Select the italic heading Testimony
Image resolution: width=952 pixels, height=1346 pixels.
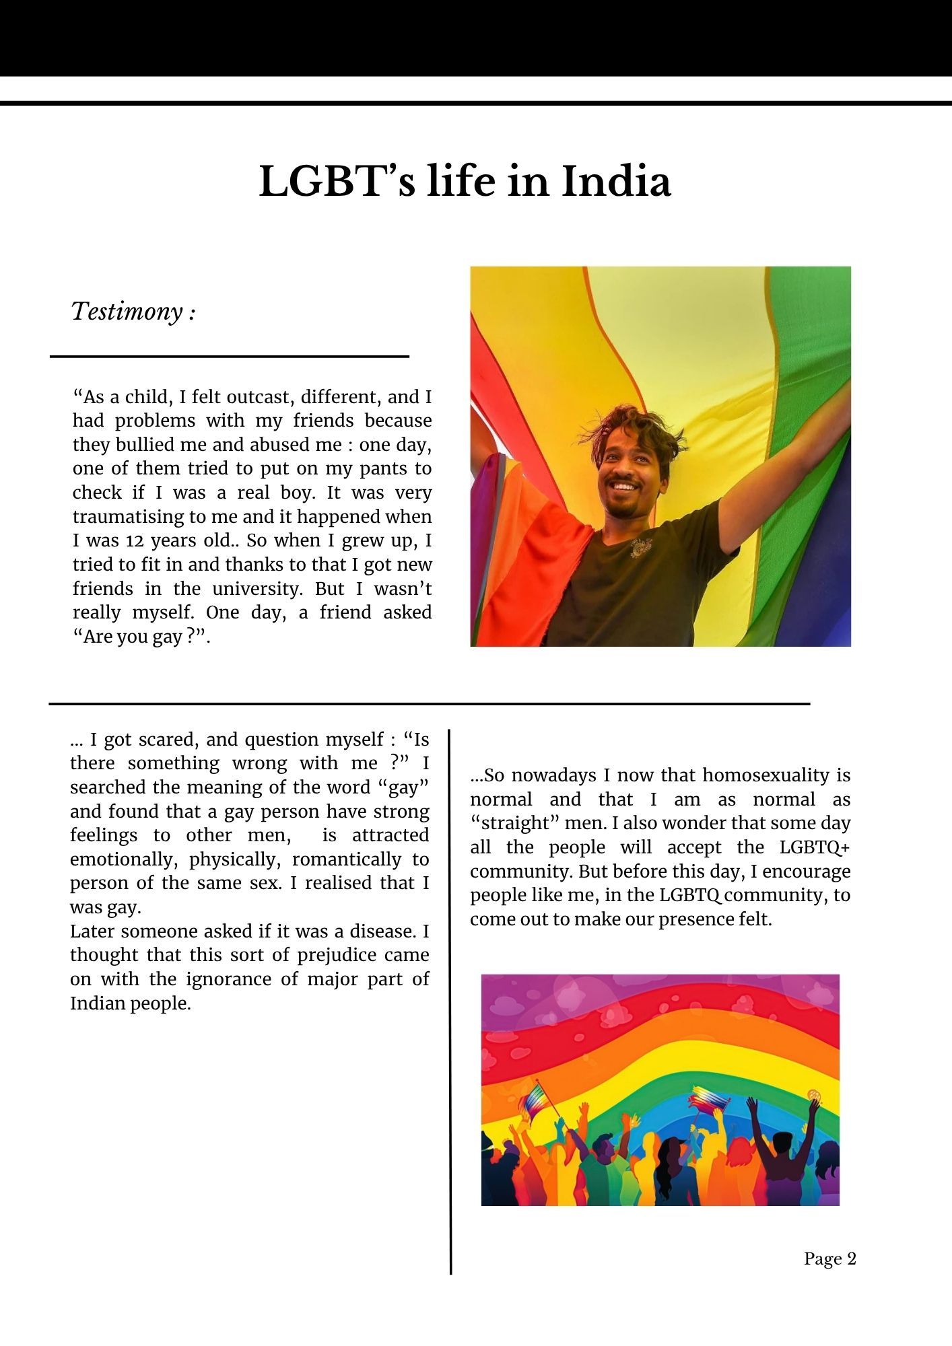[127, 312]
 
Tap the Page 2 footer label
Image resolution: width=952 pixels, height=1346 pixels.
[829, 1259]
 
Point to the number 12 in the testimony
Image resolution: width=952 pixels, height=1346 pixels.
[135, 541]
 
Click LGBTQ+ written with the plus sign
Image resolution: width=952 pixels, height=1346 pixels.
[815, 847]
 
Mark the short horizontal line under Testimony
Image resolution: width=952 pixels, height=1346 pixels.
[230, 356]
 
